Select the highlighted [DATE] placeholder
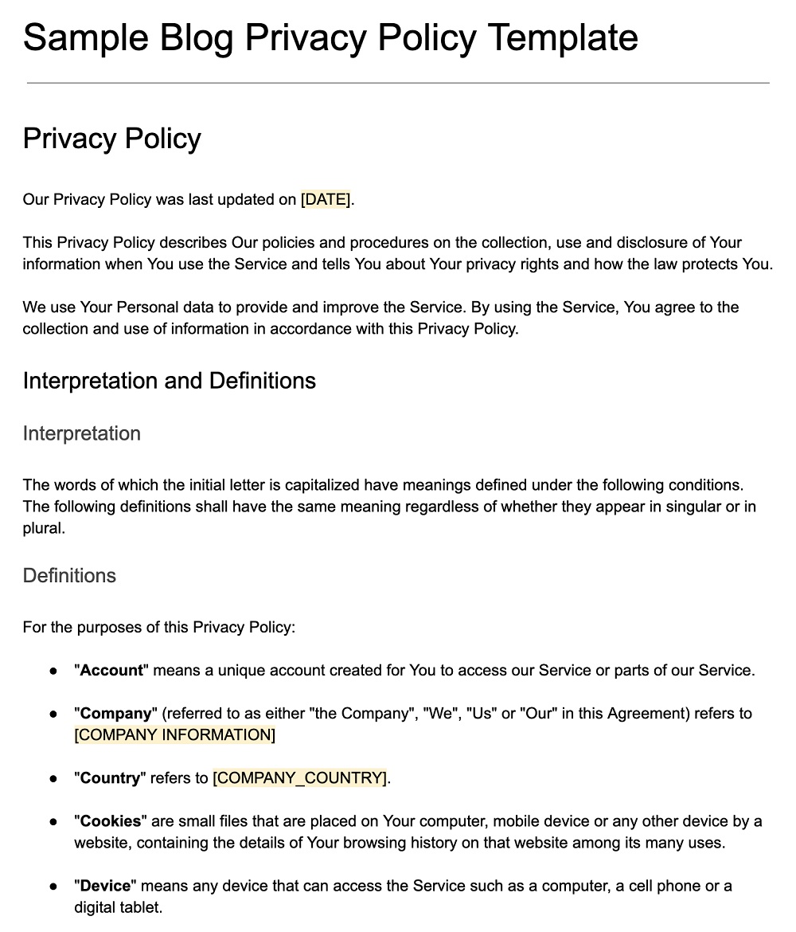coord(326,200)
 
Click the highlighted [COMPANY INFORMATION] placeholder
coord(174,735)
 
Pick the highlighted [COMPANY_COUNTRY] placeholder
coord(300,778)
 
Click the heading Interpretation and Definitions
coord(169,381)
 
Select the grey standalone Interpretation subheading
coord(81,433)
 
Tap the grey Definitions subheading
coord(69,576)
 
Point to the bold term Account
coord(111,671)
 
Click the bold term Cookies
coord(111,821)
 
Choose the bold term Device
coord(106,886)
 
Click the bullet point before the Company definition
coord(53,714)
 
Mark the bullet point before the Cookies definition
coord(53,821)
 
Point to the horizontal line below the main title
coord(398,83)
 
